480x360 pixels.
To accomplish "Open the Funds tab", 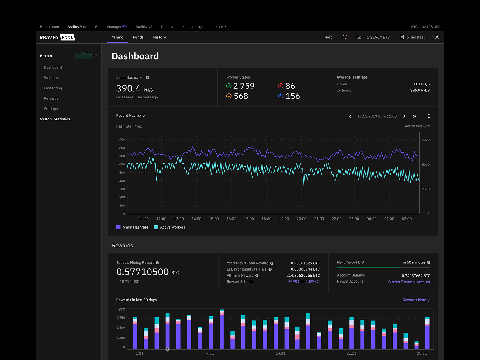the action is [138, 37].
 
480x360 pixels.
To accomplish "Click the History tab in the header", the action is [159, 37].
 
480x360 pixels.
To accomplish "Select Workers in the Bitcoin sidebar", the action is [51, 78].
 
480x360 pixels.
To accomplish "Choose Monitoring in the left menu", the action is [53, 88].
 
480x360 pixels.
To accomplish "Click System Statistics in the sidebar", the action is [55, 119].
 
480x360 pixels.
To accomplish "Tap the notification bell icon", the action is [345, 37].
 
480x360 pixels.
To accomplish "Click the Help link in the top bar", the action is [328, 37].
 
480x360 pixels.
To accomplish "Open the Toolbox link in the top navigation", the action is [167, 27].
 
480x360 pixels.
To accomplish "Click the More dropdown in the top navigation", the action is [220, 27].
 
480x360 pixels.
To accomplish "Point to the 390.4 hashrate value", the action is [128, 88].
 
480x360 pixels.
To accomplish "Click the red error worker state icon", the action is [280, 86].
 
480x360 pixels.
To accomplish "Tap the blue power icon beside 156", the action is [280, 96].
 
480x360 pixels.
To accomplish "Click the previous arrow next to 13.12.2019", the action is [350, 116].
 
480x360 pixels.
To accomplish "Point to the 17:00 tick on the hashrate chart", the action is [249, 219].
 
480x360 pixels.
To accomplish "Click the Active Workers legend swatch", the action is [156, 227].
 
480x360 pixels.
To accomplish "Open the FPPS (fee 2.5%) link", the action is [304, 282].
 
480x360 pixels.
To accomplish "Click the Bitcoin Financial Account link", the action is [409, 282].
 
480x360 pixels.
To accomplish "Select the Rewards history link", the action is [416, 300].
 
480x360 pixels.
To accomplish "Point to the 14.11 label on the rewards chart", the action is [280, 353].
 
